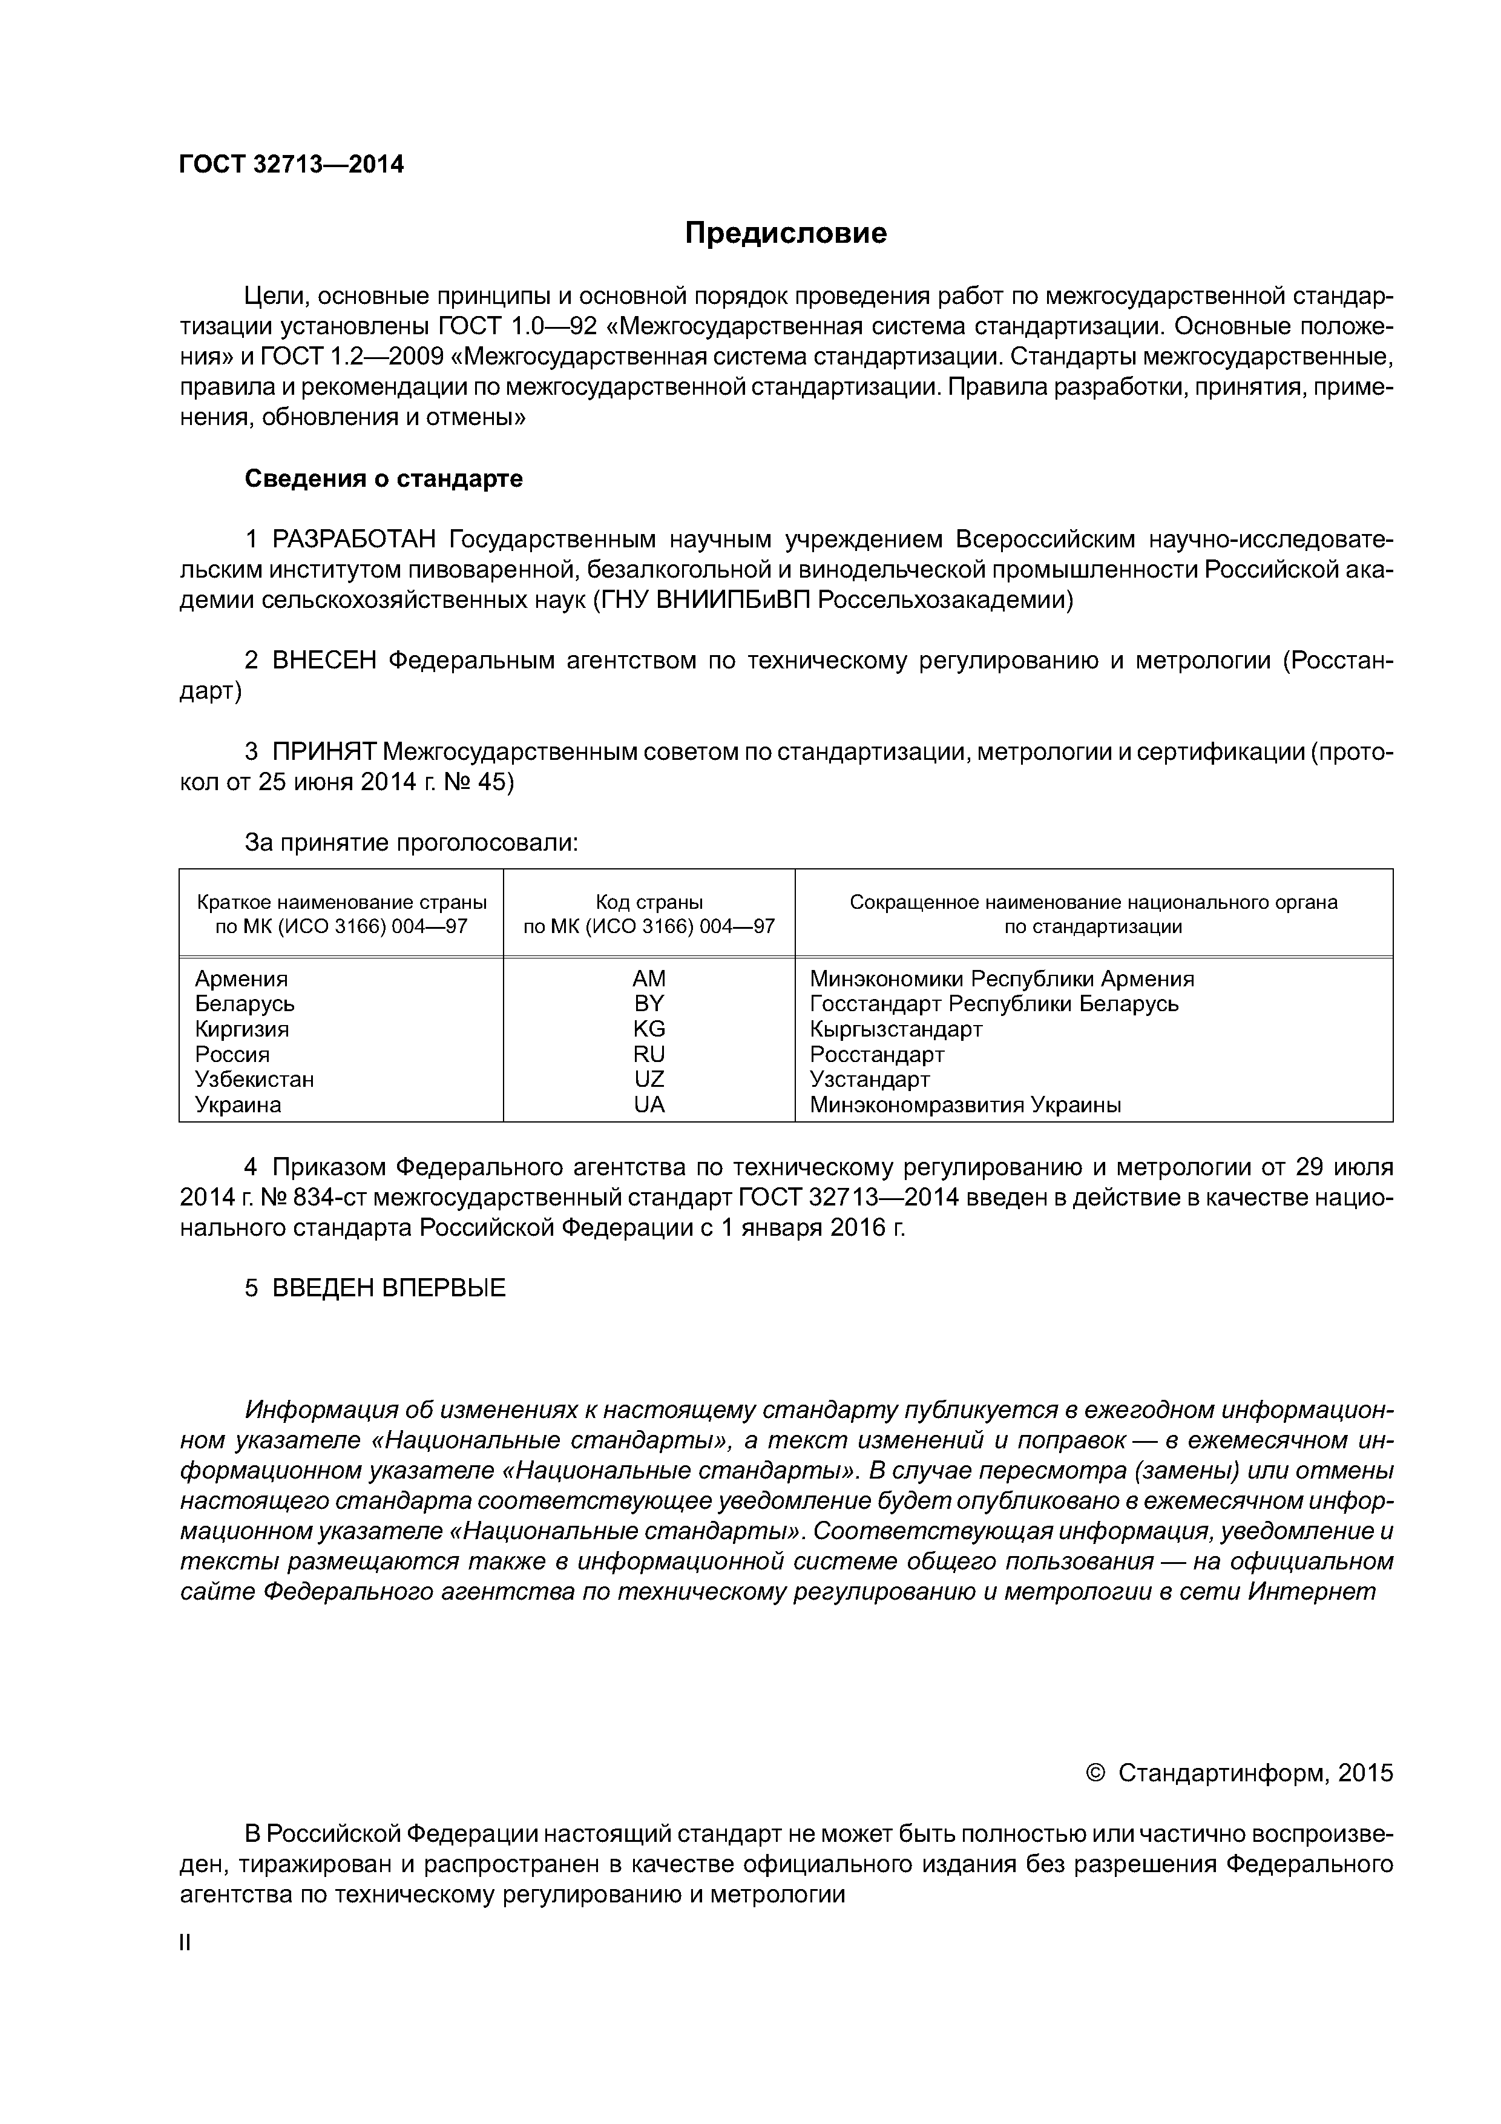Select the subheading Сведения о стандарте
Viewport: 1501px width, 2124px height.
pyautogui.click(x=383, y=478)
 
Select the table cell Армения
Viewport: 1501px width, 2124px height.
pyautogui.click(x=241, y=978)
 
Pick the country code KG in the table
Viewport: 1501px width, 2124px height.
pyautogui.click(x=649, y=1029)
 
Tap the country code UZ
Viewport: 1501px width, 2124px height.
pyautogui.click(x=649, y=1080)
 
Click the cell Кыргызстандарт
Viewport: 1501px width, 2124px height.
pyautogui.click(x=895, y=1029)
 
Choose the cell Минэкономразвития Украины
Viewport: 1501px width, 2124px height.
pyautogui.click(x=965, y=1104)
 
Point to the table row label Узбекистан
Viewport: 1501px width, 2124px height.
pyautogui.click(x=254, y=1080)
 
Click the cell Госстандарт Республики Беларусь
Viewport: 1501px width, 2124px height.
pyautogui.click(x=994, y=1004)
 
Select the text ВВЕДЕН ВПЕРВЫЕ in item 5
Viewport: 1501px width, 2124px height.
pyautogui.click(x=389, y=1288)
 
